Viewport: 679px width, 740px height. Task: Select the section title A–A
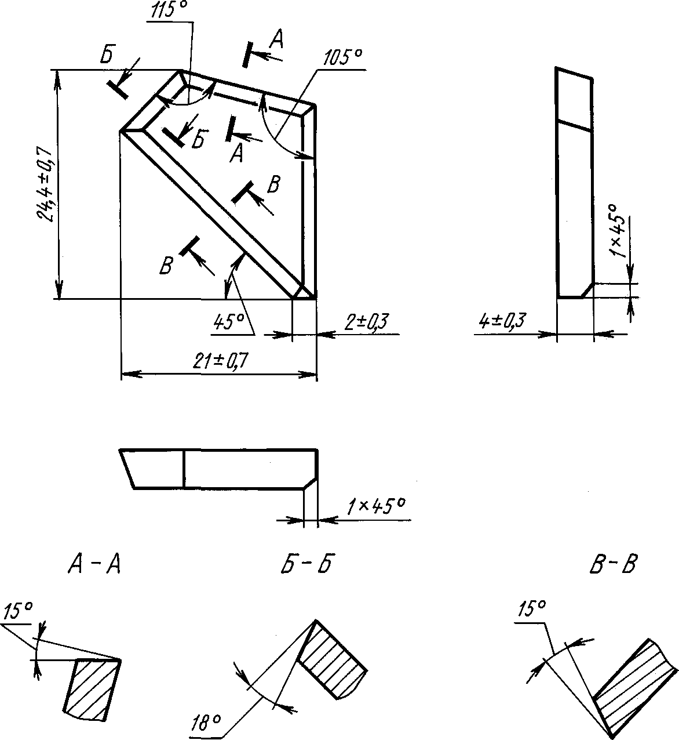click(x=94, y=563)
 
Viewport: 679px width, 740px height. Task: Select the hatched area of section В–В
click(x=634, y=684)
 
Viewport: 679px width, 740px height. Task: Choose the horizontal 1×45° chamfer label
click(x=375, y=506)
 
